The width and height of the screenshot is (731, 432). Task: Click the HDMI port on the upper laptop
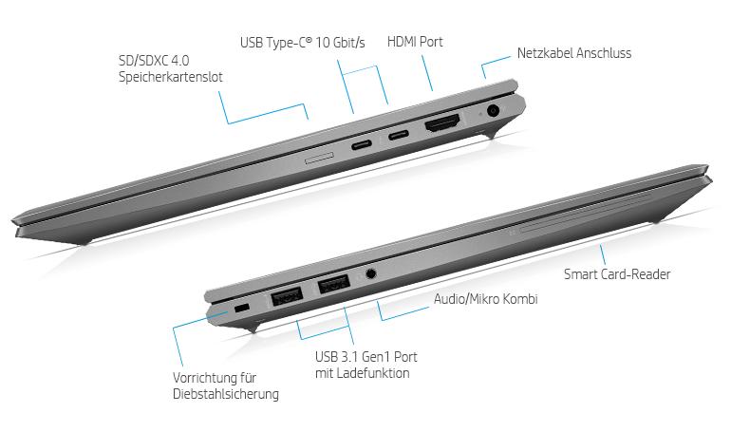coord(442,123)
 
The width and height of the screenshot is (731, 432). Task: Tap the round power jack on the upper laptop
coord(493,111)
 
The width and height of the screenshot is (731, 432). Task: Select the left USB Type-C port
coord(362,144)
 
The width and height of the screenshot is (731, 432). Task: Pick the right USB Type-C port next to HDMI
coord(398,136)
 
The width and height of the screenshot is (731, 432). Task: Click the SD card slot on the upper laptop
coord(319,158)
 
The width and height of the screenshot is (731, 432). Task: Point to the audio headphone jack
coord(370,273)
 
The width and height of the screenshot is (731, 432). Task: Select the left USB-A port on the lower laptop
coord(287,296)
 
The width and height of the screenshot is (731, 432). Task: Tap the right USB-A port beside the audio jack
coord(334,284)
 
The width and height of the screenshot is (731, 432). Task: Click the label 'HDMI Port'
coord(415,42)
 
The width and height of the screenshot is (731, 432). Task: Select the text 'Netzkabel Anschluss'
coord(574,53)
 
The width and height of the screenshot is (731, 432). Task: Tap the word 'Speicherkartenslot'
coord(171,77)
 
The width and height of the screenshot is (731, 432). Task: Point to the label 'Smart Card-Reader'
coord(617,274)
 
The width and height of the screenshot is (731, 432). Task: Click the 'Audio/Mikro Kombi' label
coord(485,299)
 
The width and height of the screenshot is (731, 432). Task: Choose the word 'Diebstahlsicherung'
coord(226,394)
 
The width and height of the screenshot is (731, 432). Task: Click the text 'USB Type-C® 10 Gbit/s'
coord(303,43)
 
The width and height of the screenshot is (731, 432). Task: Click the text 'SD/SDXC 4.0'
coord(154,61)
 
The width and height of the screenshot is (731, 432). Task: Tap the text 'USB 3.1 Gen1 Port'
coord(365,357)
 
